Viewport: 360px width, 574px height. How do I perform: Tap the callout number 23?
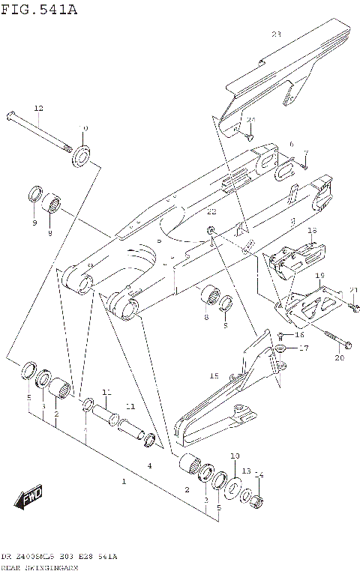[x=275, y=34]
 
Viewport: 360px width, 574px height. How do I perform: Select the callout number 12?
[x=39, y=108]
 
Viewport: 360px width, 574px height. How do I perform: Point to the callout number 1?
[x=124, y=481]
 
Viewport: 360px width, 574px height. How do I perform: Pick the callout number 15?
[x=213, y=375]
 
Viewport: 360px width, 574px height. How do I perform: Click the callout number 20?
[x=338, y=358]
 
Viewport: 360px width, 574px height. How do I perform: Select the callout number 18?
[x=313, y=231]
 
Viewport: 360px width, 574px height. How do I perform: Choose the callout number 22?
[x=211, y=212]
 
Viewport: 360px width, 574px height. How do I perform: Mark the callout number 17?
[x=303, y=348]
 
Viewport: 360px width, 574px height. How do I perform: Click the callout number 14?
[x=259, y=474]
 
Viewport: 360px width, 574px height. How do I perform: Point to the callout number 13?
[x=246, y=471]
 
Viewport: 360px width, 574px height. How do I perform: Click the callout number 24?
[x=250, y=120]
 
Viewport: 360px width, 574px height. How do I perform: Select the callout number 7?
[x=305, y=152]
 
